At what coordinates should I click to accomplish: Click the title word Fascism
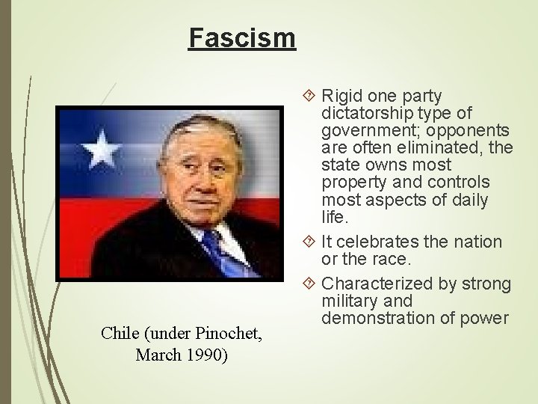242,37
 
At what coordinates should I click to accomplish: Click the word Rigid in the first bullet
342,97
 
